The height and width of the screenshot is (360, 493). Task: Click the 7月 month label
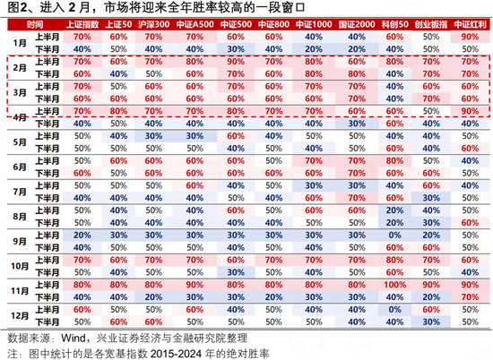(20, 192)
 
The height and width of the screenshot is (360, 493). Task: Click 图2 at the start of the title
(13, 7)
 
